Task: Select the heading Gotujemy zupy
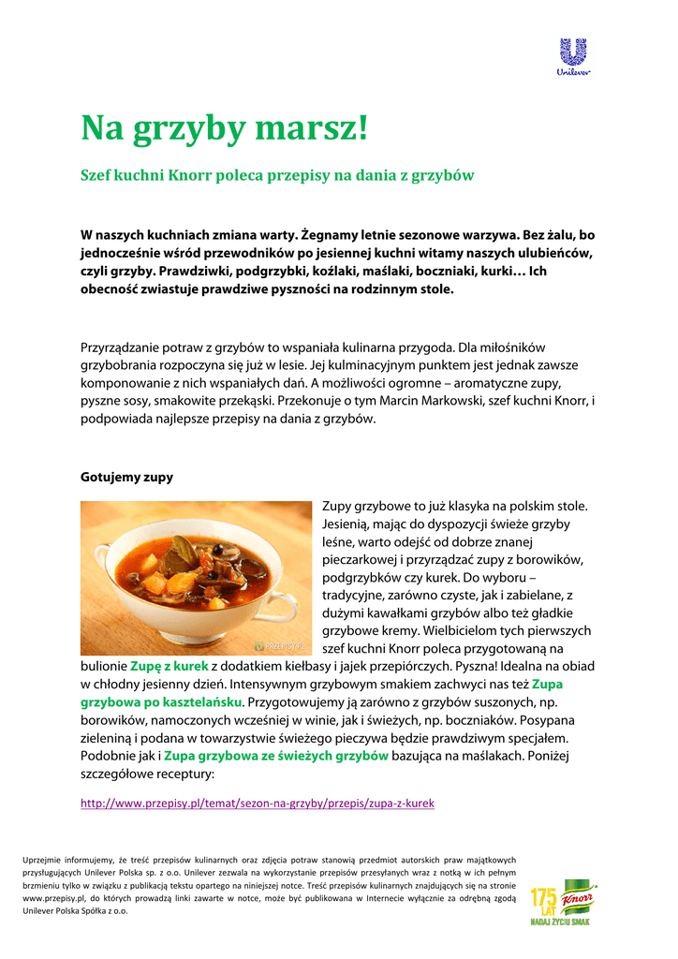pos(126,477)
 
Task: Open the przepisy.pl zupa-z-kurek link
pos(258,804)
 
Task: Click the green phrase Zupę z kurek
pos(169,666)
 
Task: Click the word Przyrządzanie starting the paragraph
pos(122,347)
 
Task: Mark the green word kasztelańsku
pos(199,701)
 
